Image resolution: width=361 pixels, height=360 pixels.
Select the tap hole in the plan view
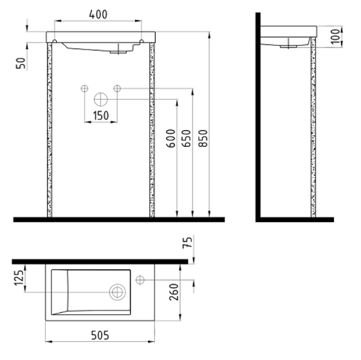pyautogui.click(x=141, y=279)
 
